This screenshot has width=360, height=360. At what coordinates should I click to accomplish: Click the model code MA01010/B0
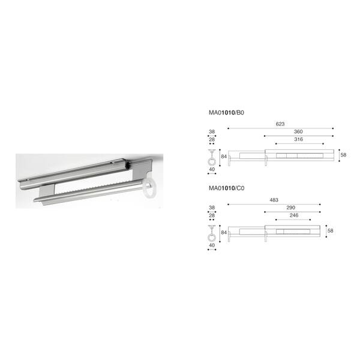pos(226,113)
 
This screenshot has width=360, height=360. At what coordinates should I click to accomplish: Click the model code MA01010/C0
pos(226,188)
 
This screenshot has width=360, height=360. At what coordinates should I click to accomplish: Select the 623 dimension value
pos(280,124)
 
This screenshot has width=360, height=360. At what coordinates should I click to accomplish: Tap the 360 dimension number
pos(298,131)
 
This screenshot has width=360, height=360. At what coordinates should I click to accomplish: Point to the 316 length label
pos(298,139)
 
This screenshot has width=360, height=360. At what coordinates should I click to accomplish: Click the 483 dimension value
pos(274,200)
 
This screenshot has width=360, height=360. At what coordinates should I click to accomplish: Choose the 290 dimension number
pos(290,208)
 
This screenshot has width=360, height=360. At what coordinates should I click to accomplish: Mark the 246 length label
pos(294,215)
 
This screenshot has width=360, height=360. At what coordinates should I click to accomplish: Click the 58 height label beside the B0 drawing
pos(343,155)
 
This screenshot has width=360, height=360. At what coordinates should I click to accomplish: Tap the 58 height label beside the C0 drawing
pos(330,231)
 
